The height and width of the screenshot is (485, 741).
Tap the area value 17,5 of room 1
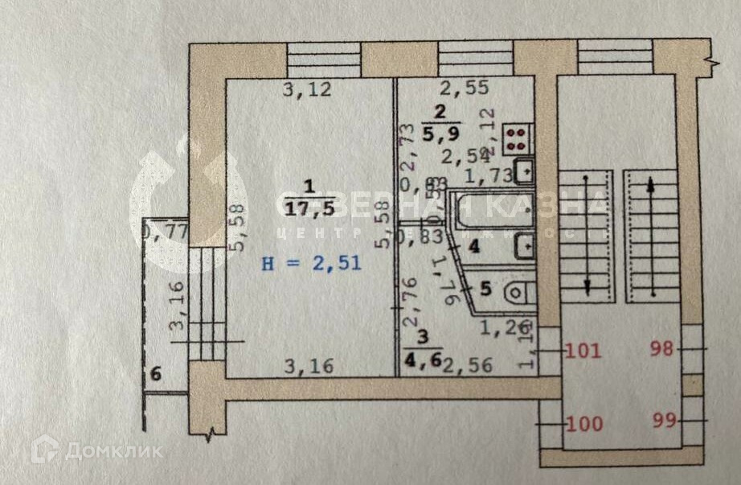click(x=305, y=208)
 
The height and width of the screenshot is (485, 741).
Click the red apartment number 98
click(x=664, y=350)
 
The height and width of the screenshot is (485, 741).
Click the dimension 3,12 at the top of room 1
click(x=307, y=90)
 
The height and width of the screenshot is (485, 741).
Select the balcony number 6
click(x=156, y=374)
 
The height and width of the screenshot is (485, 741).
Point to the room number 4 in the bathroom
click(x=474, y=246)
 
